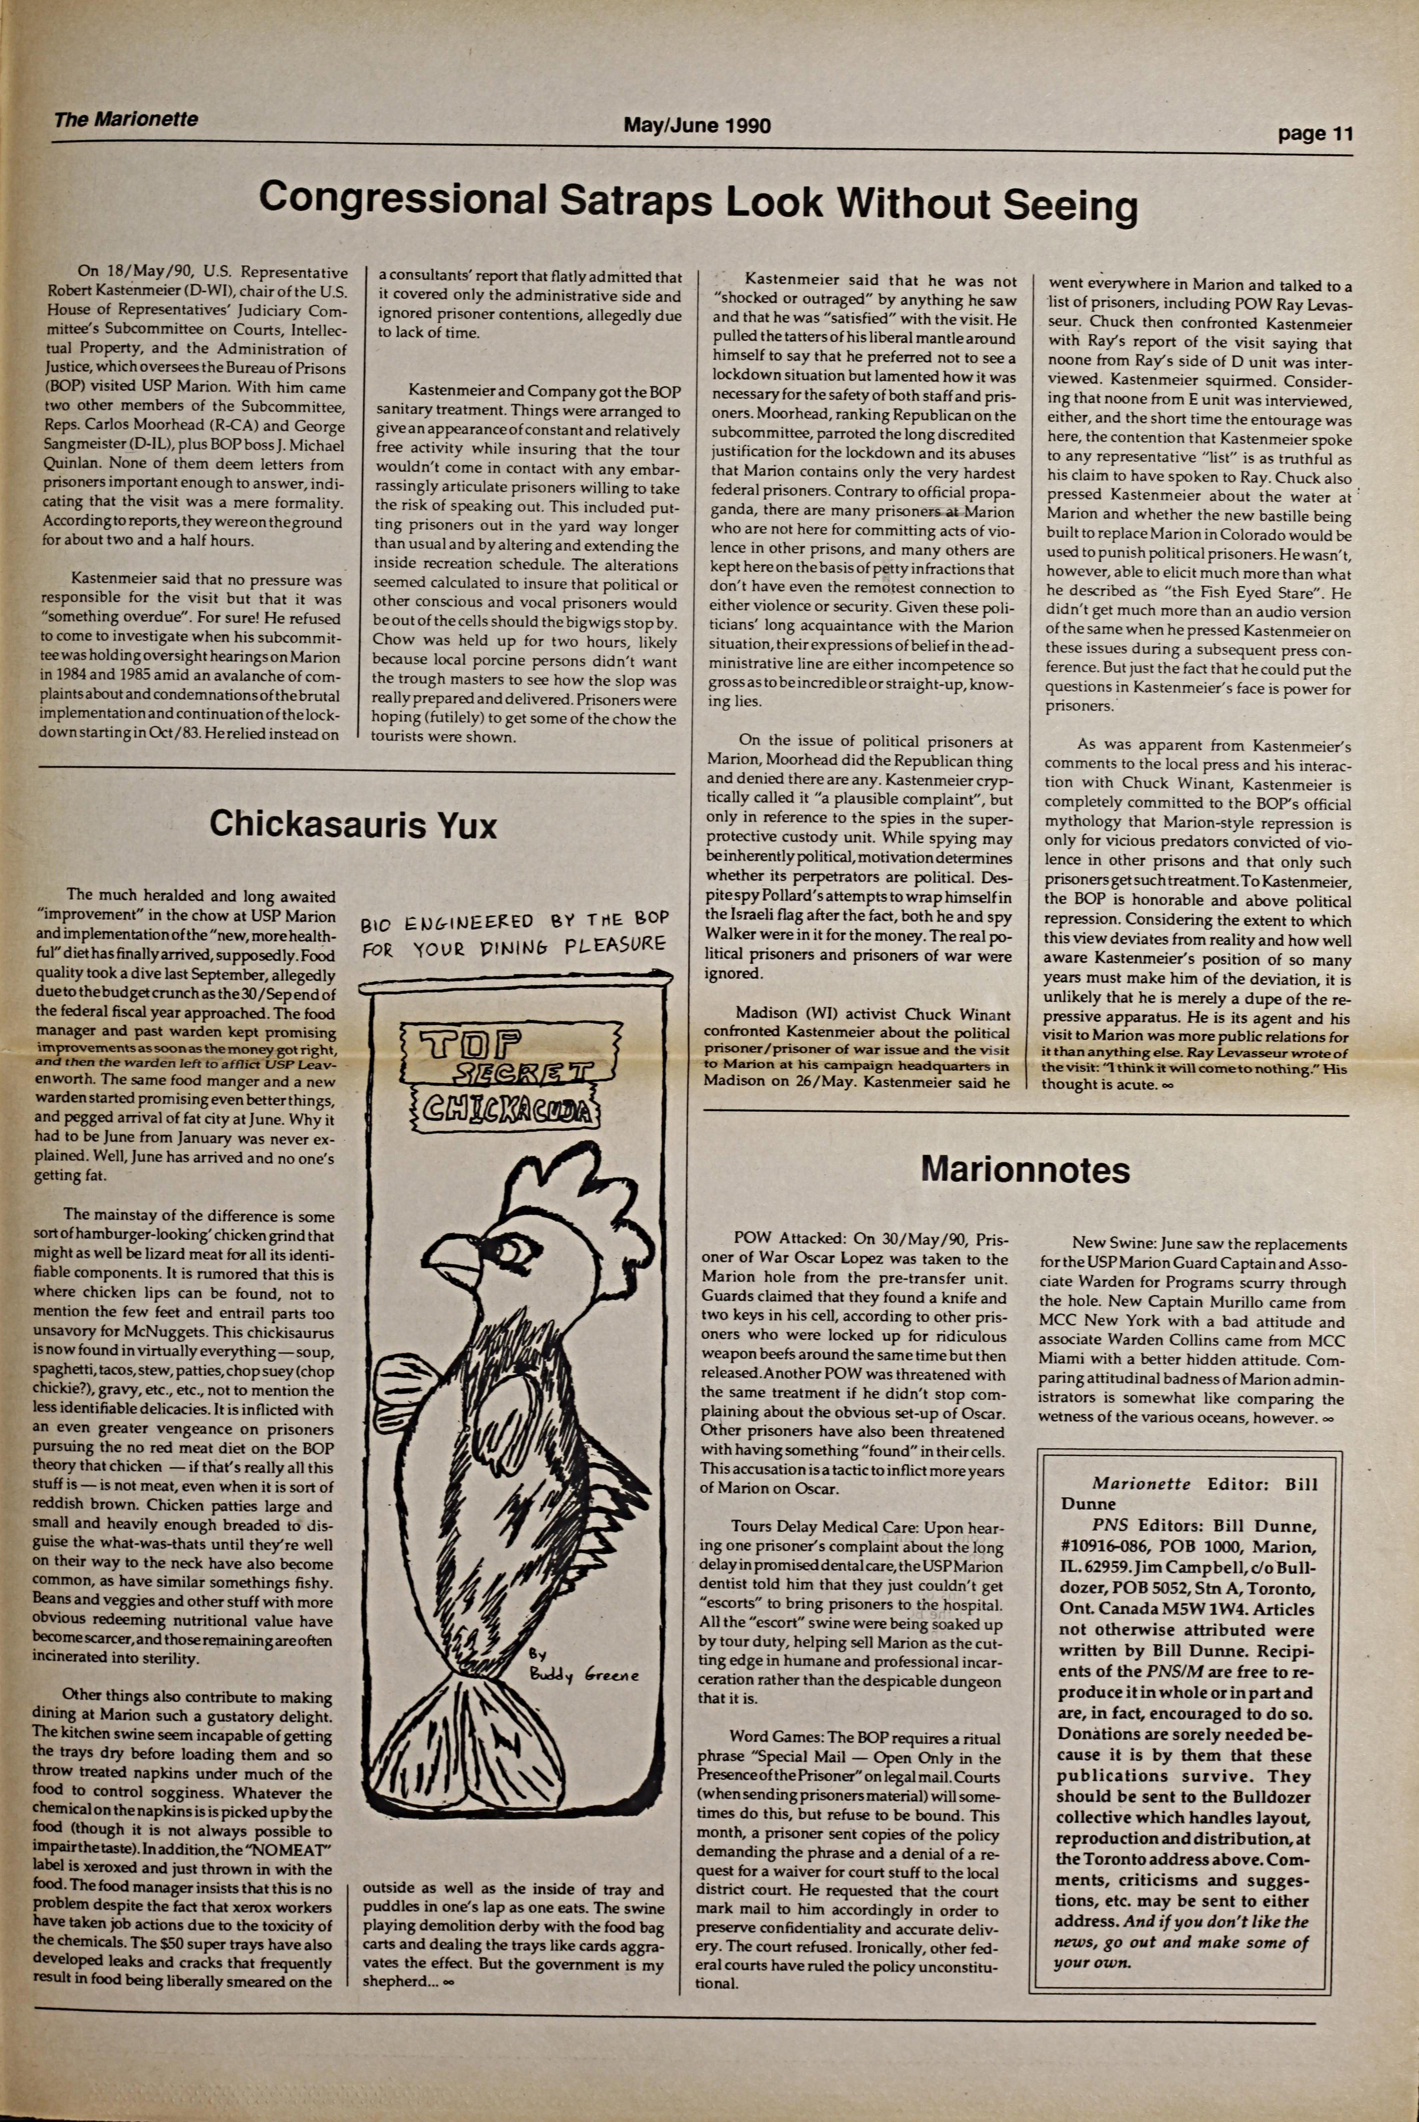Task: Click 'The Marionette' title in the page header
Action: click(x=126, y=120)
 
